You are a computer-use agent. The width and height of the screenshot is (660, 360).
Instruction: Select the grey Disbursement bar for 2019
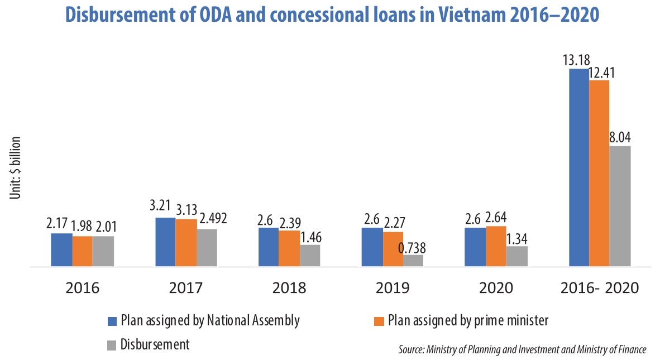(413, 261)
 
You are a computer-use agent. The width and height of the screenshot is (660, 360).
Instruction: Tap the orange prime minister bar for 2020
(496, 246)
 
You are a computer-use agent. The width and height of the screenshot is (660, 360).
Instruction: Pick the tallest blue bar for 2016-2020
(578, 167)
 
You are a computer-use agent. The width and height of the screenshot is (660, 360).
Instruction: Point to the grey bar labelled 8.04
(620, 206)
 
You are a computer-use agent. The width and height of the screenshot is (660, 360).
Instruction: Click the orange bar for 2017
(186, 243)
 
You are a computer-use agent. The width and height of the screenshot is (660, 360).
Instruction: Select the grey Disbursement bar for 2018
(310, 256)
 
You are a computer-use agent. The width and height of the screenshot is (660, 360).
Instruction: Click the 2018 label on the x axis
(290, 288)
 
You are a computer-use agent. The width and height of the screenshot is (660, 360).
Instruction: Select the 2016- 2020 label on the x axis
(599, 288)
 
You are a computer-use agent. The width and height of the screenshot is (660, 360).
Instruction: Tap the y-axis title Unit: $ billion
(16, 167)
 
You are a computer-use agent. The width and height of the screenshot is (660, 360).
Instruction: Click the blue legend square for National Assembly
(112, 321)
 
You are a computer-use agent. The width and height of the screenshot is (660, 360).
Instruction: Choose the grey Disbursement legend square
(112, 344)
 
